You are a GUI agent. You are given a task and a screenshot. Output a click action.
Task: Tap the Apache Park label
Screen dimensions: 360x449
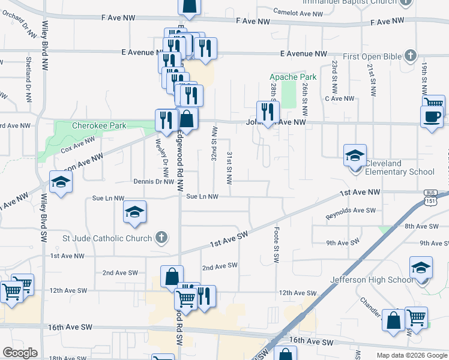tap(292, 77)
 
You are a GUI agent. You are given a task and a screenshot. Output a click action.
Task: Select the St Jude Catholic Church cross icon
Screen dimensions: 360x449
tap(161, 238)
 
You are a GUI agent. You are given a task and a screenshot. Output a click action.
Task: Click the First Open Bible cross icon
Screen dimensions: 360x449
tap(411, 56)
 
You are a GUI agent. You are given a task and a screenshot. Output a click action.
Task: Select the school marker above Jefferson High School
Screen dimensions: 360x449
tap(421, 268)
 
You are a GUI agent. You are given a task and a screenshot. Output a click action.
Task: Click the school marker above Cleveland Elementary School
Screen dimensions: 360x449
tap(355, 155)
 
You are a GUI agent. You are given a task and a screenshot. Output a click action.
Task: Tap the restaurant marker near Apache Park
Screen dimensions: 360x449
tap(267, 111)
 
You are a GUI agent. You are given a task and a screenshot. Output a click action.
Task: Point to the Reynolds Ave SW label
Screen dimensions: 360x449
tap(350, 211)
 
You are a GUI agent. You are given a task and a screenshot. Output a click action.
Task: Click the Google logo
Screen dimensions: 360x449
tap(20, 353)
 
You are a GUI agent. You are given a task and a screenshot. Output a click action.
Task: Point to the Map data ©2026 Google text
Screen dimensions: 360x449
tap(411, 355)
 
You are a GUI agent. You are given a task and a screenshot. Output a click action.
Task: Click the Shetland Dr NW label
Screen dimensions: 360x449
tap(28, 79)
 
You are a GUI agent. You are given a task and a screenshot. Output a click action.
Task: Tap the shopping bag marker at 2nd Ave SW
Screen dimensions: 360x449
tap(171, 277)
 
